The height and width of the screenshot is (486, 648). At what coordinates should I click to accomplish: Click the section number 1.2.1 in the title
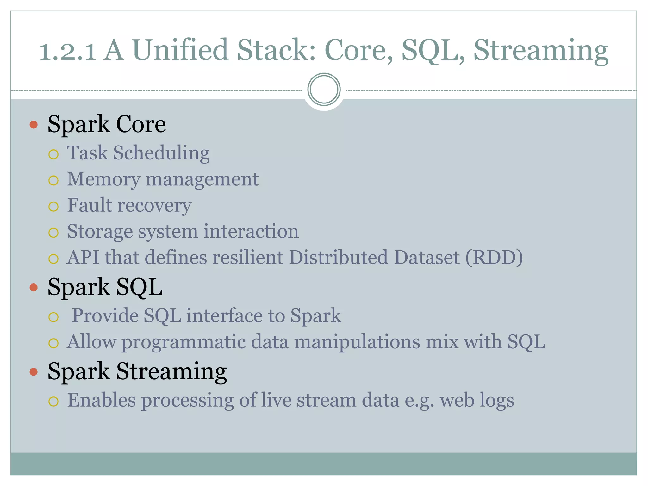pos(68,51)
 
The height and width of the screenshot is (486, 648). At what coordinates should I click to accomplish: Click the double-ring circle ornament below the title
pos(324,90)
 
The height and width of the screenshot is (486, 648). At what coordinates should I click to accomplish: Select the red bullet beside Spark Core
pos(34,124)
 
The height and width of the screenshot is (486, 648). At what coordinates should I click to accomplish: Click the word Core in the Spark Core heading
pos(141,124)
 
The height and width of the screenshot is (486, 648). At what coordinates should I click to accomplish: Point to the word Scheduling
pos(161,153)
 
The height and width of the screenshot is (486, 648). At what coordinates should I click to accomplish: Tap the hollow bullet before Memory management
pos(53,180)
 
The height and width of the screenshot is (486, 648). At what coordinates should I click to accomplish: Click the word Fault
pos(90,205)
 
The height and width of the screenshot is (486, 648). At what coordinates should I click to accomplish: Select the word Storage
pos(100,232)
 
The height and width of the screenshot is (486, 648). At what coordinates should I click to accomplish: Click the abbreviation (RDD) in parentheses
pos(494,257)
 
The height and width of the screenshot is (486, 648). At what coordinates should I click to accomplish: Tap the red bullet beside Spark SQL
pos(34,287)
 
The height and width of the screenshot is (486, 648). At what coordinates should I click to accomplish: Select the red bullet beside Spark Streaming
pos(34,371)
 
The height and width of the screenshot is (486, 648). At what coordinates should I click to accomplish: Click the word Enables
pos(101,400)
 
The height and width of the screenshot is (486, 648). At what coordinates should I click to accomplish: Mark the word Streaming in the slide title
pos(541,51)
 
